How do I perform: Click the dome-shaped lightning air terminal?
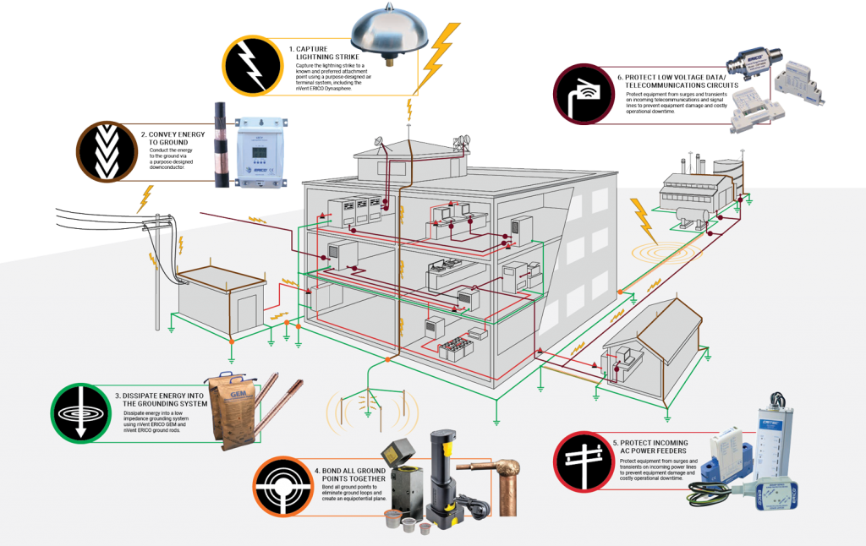(x=392, y=31)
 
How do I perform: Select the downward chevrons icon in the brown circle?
(x=107, y=151)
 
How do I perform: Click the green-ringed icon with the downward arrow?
(x=81, y=413)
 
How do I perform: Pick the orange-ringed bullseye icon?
(x=283, y=486)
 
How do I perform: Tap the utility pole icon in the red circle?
(x=584, y=461)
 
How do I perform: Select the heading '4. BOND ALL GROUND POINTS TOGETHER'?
(x=351, y=474)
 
